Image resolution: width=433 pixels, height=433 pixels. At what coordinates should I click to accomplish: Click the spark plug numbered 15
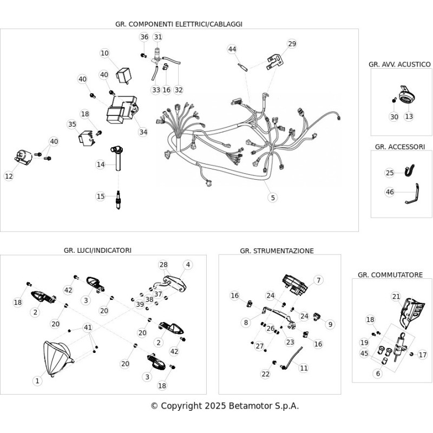[118, 200]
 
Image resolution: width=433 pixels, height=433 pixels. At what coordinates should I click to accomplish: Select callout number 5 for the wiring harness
[273, 198]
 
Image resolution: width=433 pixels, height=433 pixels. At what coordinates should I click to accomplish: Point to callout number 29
[292, 44]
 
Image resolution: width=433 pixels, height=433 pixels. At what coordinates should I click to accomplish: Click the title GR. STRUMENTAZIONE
[277, 251]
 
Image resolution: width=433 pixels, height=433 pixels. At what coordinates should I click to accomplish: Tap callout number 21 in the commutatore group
[396, 297]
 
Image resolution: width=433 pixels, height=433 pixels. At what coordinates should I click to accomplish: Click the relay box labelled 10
[123, 75]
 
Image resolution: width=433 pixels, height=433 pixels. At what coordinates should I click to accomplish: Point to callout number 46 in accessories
[390, 192]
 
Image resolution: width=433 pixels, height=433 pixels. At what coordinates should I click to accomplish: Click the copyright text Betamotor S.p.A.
[264, 406]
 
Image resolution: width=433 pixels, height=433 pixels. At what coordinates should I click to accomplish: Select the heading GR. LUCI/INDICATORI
[97, 250]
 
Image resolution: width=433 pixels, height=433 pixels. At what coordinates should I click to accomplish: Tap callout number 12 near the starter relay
[9, 176]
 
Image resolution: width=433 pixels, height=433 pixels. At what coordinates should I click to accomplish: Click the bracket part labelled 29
[275, 63]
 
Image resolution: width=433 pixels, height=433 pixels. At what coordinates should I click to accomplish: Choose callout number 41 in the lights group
[88, 327]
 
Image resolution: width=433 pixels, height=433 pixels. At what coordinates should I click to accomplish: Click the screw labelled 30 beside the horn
[394, 100]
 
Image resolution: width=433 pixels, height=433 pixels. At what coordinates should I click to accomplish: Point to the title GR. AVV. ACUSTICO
[399, 64]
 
